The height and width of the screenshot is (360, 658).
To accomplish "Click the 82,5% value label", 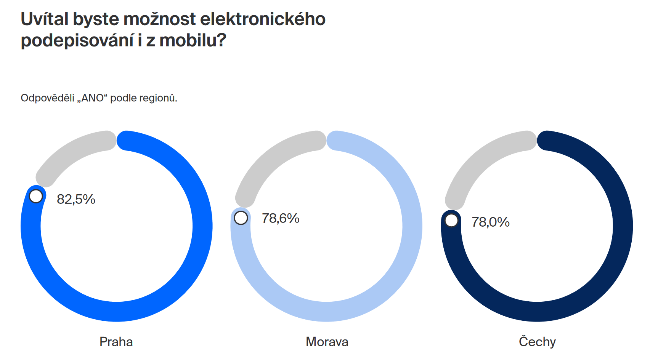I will pyautogui.click(x=76, y=199).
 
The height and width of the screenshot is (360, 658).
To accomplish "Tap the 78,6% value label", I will pyautogui.click(x=281, y=218).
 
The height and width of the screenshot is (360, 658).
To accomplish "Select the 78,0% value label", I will pyautogui.click(x=491, y=222).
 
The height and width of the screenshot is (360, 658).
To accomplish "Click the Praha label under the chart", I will pyautogui.click(x=116, y=342).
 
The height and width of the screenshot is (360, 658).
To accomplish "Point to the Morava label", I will pyautogui.click(x=327, y=342).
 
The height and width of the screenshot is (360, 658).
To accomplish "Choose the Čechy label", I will pyautogui.click(x=537, y=342).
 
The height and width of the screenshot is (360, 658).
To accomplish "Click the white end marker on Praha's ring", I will pyautogui.click(x=36, y=196).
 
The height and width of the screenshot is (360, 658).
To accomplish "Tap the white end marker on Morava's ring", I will pyautogui.click(x=241, y=218).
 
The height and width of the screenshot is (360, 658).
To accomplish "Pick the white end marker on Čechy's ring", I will pyautogui.click(x=451, y=220).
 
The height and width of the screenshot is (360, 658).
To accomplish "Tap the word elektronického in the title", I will pyautogui.click(x=263, y=19).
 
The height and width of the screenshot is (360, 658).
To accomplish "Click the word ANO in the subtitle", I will pyautogui.click(x=93, y=98).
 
